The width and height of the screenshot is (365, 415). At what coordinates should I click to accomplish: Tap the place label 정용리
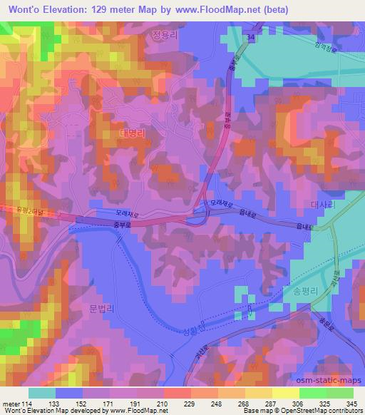tap(165, 34)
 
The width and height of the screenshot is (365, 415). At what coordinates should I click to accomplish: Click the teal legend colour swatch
tap(42, 393)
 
